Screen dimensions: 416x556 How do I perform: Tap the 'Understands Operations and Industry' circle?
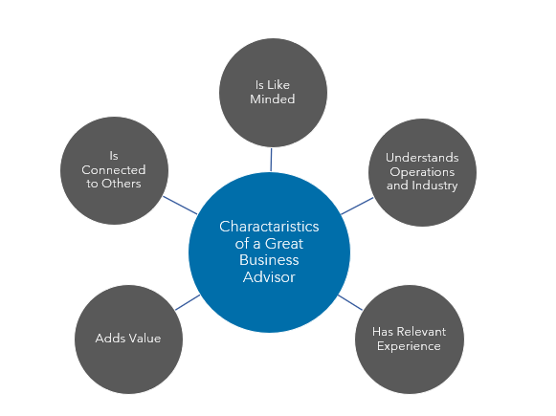point(422,171)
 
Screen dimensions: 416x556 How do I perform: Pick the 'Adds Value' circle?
point(128,338)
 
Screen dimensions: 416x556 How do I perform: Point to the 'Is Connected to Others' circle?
point(114,170)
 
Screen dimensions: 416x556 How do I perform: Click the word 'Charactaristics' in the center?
point(269,227)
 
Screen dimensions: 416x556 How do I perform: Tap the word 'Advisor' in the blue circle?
point(269,276)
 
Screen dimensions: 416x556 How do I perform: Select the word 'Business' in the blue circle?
point(269,260)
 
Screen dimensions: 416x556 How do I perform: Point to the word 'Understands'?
point(422,157)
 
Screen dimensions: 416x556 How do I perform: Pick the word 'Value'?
point(144,339)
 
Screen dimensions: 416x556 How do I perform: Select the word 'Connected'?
point(114,170)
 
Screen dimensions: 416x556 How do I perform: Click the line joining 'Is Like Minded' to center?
point(272,160)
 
